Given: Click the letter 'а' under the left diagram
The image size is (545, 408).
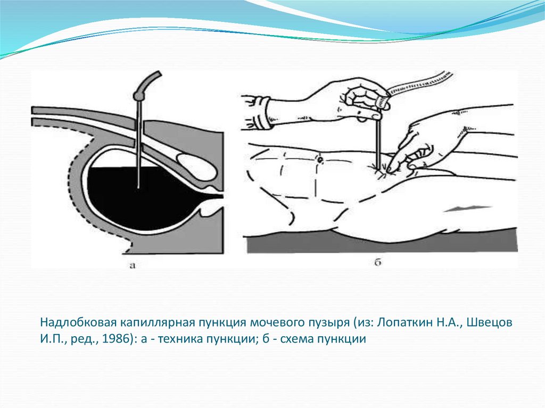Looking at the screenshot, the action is point(132,266).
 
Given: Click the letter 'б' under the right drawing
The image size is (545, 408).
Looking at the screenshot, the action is point(378,262).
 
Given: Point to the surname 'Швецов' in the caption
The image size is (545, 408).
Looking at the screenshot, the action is point(490,322).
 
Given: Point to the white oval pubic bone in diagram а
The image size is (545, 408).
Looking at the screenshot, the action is point(197,167).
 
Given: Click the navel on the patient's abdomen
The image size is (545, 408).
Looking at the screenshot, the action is point(320,160).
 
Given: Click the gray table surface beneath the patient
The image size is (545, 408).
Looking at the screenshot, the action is point(382,245).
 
